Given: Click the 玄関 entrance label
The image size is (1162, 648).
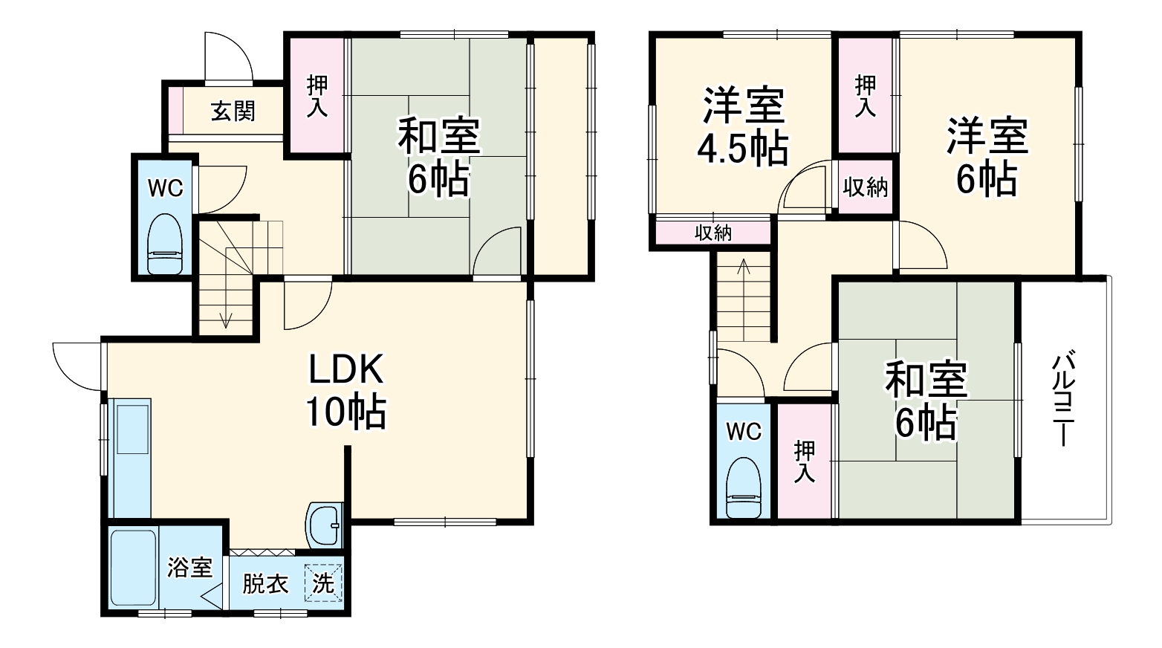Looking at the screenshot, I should [x=233, y=111].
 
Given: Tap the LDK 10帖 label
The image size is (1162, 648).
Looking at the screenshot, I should [x=345, y=390].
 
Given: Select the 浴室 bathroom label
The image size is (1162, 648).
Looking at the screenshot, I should [x=189, y=568].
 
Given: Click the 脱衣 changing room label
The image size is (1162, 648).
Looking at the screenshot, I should [x=265, y=583].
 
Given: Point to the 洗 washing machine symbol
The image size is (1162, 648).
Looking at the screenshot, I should [x=323, y=582].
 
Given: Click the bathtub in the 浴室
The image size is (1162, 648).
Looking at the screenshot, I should [x=134, y=568].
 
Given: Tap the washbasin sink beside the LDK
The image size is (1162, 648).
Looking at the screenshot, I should [x=325, y=525].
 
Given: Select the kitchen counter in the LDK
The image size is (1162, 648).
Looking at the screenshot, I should [x=130, y=457].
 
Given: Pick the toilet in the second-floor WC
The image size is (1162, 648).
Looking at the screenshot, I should [x=743, y=487].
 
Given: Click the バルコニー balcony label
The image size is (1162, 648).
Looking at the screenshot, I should [x=1062, y=398].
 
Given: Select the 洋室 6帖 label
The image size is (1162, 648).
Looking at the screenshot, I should [x=987, y=156].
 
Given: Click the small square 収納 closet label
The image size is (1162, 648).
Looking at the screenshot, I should [x=866, y=187].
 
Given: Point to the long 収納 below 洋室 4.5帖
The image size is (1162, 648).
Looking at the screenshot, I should [x=713, y=233].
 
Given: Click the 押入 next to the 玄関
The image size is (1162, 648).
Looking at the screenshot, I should [x=317, y=97].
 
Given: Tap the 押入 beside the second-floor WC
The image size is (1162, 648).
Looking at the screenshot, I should [x=804, y=461].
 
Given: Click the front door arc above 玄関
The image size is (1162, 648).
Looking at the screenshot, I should [x=230, y=56].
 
